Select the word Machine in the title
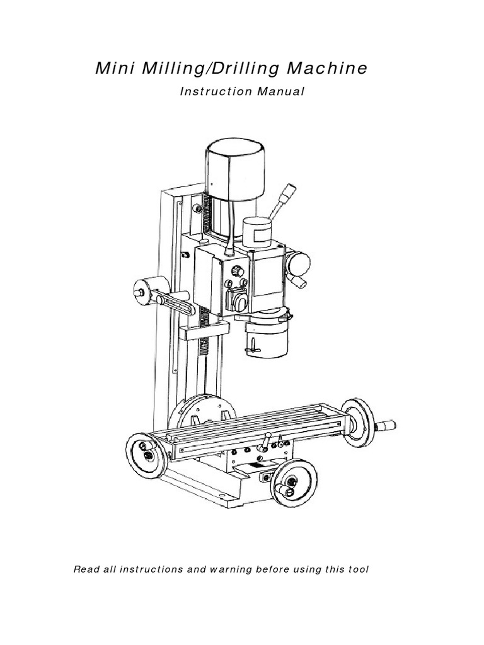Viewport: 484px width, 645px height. [x=327, y=69]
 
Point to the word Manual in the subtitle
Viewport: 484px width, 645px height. [x=281, y=92]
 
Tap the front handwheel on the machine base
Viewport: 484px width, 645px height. [x=294, y=482]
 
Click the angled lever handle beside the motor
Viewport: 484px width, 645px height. [x=280, y=204]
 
